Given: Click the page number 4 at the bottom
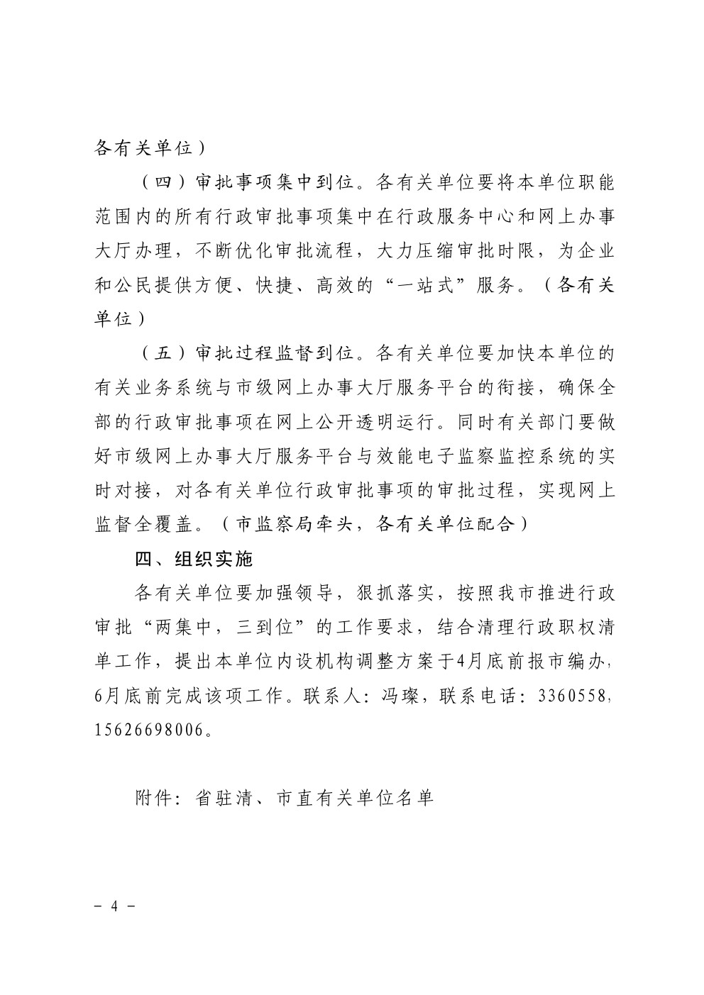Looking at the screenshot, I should tap(114, 907).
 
